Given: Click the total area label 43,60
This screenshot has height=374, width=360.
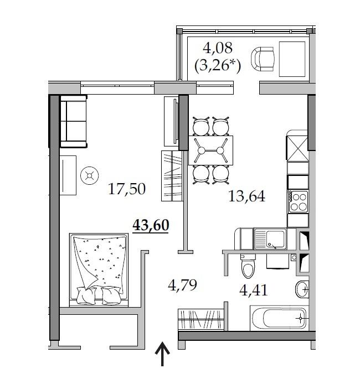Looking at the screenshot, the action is click(151, 225).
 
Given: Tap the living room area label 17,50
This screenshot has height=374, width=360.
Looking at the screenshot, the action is click(127, 189).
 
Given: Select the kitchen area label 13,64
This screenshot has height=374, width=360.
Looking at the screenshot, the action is click(246, 196).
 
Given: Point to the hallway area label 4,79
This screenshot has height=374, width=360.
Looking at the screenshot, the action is click(182, 285).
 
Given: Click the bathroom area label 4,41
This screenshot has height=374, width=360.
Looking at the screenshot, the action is click(253, 290).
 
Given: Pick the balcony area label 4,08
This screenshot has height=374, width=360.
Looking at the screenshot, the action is click(218, 48).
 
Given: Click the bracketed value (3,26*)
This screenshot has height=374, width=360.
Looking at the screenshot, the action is click(218, 65).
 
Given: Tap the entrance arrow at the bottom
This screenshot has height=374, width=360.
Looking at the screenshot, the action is click(162, 354).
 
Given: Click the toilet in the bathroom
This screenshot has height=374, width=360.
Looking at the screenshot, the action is click(248, 267).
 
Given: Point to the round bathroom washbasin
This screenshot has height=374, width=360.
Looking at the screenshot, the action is click(302, 289).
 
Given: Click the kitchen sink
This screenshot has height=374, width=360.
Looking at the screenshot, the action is click(270, 239).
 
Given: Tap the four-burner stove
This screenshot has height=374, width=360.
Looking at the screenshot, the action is click(298, 201).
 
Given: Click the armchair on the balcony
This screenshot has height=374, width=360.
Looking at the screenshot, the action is click(263, 59).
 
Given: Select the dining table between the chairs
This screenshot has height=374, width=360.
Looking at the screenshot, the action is click(210, 150).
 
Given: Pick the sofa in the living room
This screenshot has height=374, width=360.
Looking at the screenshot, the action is click(74, 121).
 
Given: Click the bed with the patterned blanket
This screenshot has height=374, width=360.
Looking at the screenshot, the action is click(99, 270).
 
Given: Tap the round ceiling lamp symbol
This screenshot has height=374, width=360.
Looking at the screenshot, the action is click(90, 175).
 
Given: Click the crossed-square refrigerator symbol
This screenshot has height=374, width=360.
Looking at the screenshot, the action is click(297, 149).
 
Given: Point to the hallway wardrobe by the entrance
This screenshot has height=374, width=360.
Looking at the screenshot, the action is click(201, 320).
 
